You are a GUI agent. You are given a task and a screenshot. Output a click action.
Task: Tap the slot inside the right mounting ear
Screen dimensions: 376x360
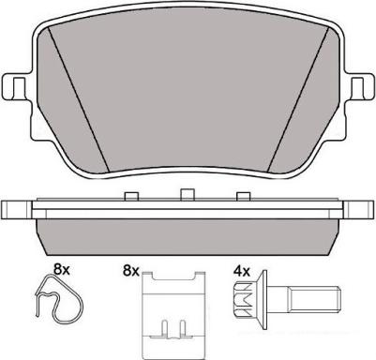coord(358,87)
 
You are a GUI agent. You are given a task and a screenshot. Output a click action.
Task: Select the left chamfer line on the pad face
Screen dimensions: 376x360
coord(79,99)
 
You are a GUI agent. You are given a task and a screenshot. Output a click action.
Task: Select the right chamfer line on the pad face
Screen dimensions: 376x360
coord(298,99)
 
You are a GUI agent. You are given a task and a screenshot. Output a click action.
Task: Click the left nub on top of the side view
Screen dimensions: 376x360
coord(131,197)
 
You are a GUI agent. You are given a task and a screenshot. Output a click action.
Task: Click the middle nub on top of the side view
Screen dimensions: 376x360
coord(188,194)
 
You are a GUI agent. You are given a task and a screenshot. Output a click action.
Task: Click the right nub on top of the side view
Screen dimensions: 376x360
coord(244,197)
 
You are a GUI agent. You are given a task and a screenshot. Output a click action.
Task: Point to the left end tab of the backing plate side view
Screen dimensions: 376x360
coord(17,209)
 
